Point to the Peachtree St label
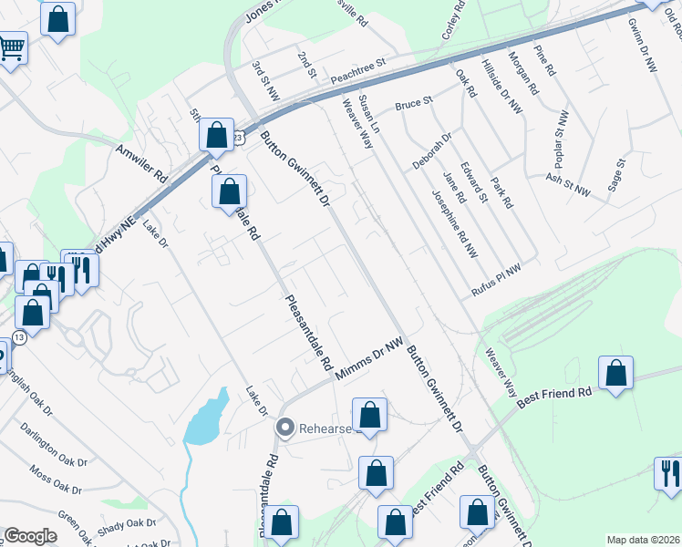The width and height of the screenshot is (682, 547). point(358,70)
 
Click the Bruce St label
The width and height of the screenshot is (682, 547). point(412,106)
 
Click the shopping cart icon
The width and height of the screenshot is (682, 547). point(11,46)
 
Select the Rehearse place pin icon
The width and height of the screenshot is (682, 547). point(285,427)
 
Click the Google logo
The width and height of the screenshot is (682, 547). point(30,536)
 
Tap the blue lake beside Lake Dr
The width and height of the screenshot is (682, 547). point(208,419)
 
